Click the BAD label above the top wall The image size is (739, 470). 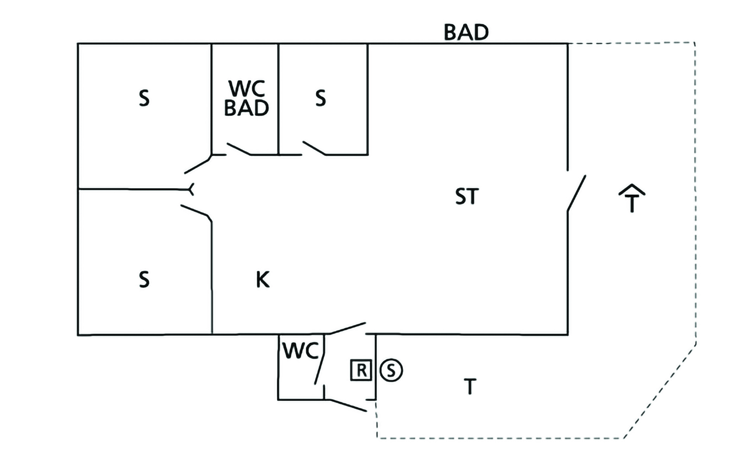466,32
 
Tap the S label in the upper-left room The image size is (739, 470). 144,98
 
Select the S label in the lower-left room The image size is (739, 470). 144,280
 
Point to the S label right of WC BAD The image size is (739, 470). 320,98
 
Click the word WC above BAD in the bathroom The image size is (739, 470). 247,88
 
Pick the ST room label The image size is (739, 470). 467,197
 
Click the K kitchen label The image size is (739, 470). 263,280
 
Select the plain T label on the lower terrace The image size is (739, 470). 469,387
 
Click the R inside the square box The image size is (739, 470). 361,370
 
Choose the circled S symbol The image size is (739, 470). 391,370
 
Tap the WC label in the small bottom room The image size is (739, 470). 301,351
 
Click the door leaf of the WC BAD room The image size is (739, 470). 239,149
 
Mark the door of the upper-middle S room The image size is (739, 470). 314,148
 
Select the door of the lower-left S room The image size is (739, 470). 195,210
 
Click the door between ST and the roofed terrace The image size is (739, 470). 576,193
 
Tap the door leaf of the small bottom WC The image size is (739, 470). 320,360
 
